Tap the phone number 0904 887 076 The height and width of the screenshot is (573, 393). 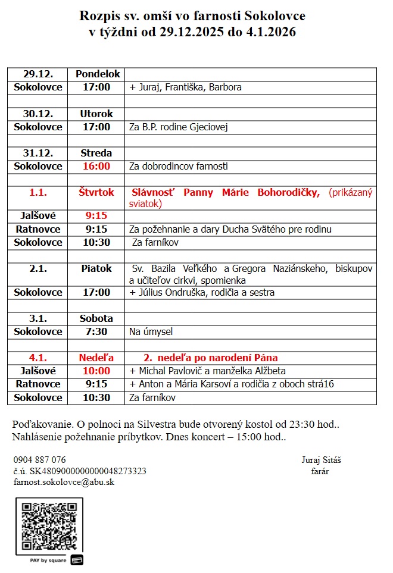40,460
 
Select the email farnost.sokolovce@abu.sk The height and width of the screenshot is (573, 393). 64,482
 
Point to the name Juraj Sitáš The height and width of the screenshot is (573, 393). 321,460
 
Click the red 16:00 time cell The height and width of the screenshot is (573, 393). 96,166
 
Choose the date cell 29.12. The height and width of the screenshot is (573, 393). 38,74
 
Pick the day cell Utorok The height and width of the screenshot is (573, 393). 96,114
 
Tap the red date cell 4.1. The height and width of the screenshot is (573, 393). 38,358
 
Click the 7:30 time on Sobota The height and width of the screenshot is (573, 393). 96,331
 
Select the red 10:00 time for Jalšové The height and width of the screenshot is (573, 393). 96,371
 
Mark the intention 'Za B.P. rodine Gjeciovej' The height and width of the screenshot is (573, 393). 179,127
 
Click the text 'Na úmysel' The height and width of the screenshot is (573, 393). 151,331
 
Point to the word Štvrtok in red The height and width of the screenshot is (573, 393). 96,192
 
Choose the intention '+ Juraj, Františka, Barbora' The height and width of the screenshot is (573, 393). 185,87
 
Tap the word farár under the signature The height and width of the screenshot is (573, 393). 320,471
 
